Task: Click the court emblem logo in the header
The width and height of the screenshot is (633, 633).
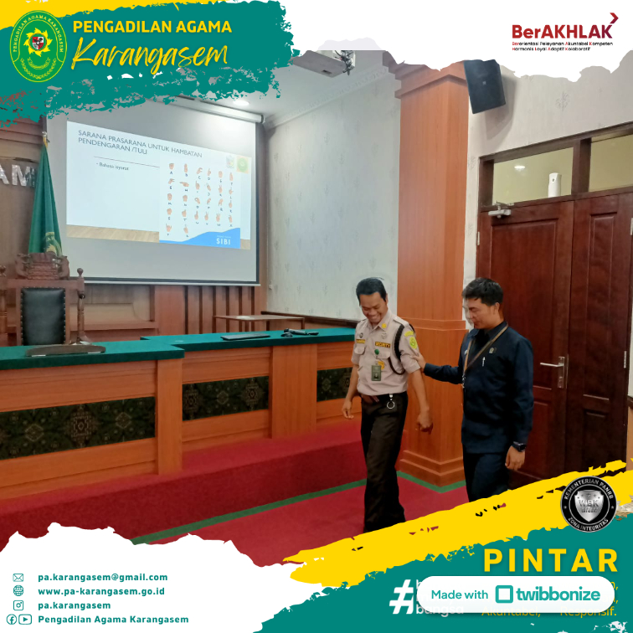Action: point(38,47)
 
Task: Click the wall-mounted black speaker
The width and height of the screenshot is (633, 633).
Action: point(484,85)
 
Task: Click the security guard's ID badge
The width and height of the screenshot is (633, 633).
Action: point(376,371)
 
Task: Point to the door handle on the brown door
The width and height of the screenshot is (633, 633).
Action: point(554,367)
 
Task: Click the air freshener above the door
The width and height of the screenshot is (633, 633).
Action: point(553,184)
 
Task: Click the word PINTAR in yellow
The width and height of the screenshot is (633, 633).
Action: point(550,560)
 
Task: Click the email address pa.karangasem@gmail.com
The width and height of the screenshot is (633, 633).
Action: point(102,577)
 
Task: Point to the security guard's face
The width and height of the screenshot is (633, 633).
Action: point(372,300)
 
